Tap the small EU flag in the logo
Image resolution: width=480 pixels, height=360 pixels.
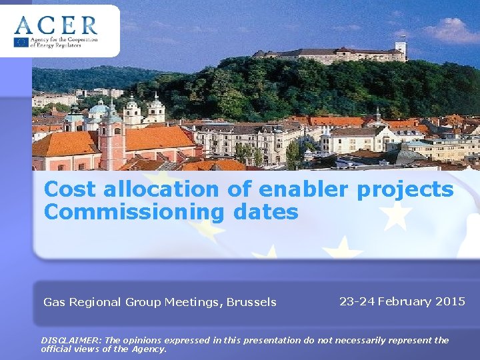(x=21, y=42)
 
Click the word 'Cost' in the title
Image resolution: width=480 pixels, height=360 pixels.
(x=66, y=189)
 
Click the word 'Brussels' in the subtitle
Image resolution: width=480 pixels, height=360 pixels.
(x=251, y=303)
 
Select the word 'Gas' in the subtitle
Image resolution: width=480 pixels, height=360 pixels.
(x=54, y=303)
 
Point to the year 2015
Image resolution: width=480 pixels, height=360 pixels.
(x=450, y=301)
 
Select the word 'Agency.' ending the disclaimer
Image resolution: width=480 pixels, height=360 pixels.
(x=150, y=349)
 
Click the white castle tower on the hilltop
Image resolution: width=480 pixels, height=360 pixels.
(x=400, y=50)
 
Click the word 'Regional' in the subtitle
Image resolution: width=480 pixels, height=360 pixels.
(x=93, y=303)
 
